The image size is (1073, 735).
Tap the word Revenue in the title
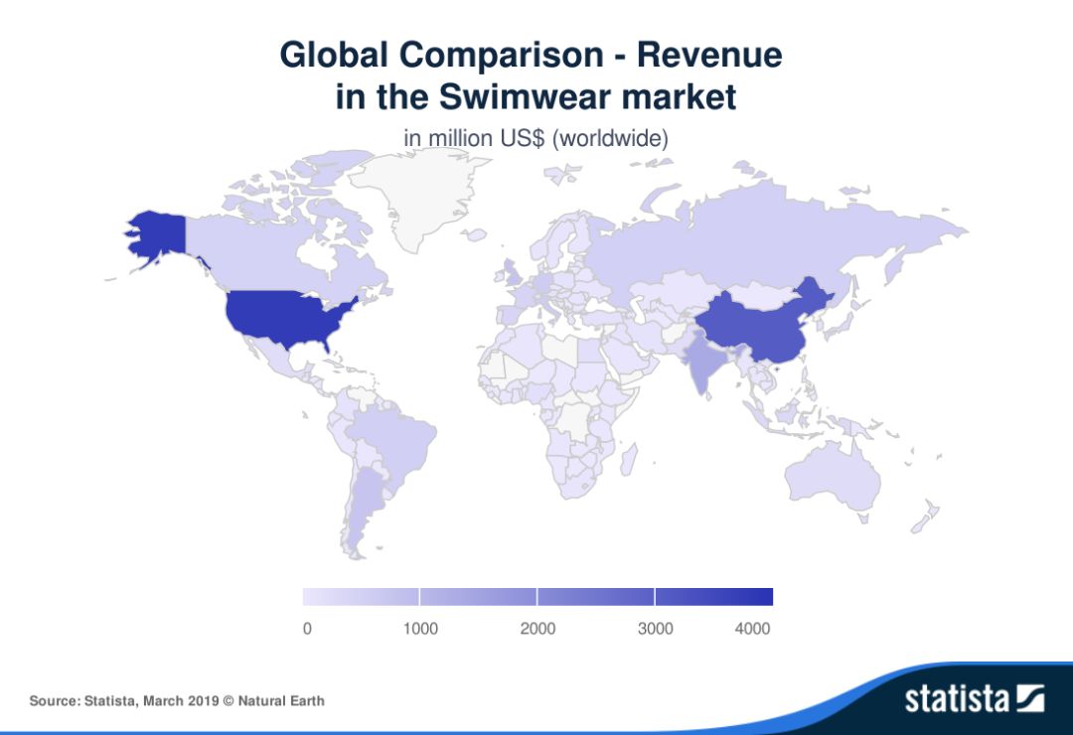[709, 54]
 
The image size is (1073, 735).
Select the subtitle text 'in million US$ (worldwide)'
[536, 138]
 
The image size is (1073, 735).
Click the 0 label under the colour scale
[307, 628]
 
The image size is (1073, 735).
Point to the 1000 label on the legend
[419, 628]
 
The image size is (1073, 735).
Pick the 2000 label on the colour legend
[537, 628]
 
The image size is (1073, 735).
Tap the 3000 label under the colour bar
[655, 628]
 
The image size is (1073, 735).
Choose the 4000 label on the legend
[753, 628]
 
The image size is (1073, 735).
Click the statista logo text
[956, 698]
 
